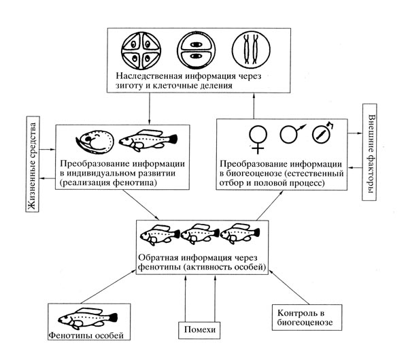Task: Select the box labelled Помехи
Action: [x=200, y=331]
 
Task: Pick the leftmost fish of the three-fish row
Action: [x=160, y=234]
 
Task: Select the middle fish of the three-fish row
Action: [x=202, y=234]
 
